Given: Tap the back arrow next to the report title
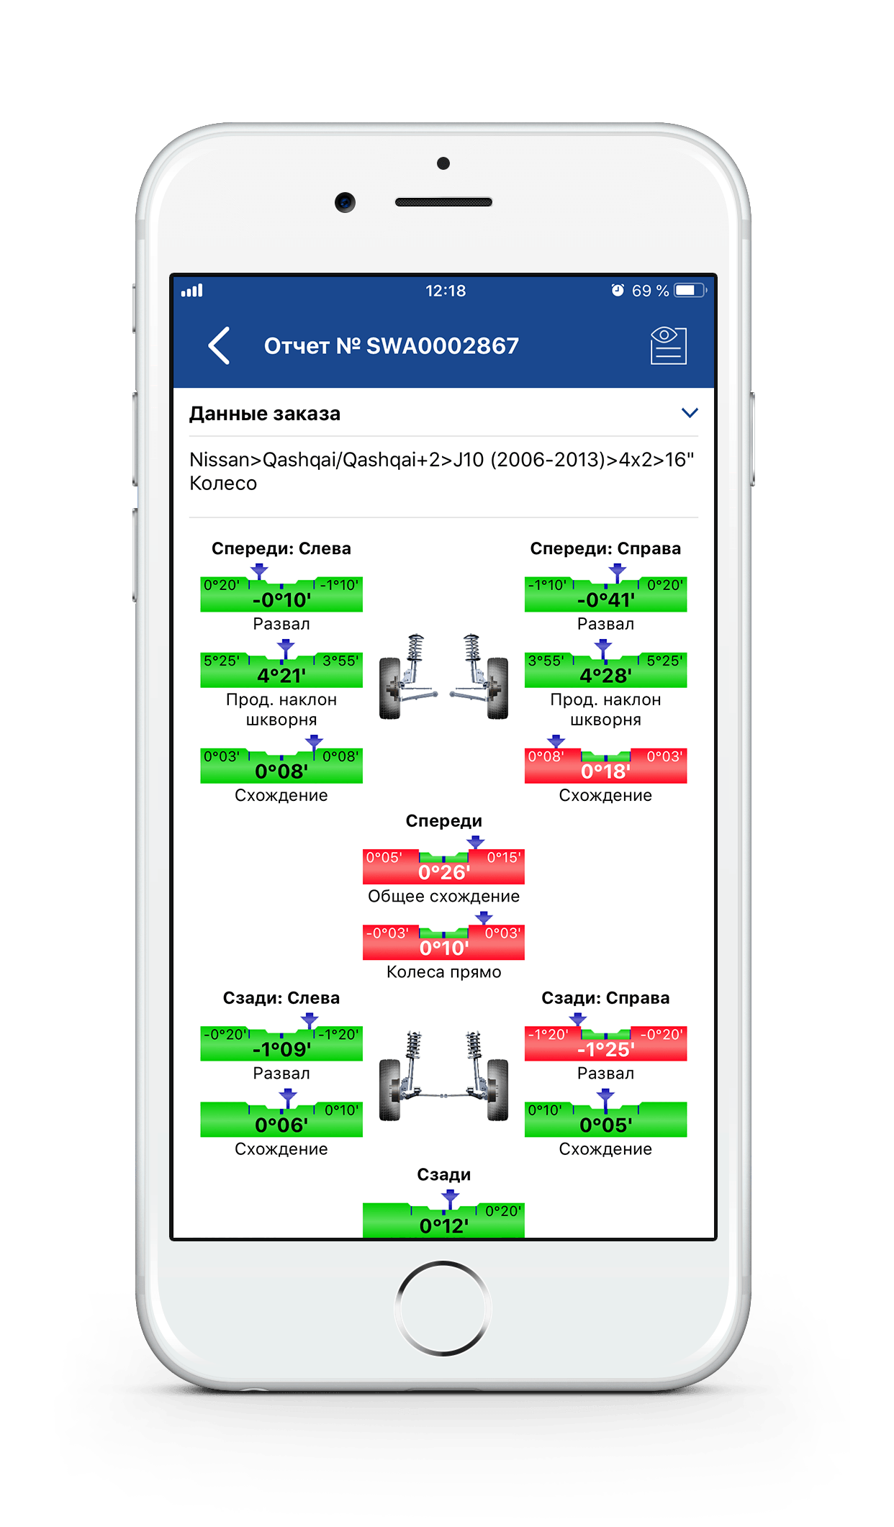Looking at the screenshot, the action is pos(219,345).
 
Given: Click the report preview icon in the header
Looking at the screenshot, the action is pos(668,345).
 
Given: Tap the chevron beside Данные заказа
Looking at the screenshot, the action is pos(689,413).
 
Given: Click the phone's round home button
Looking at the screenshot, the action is pos(443,1308).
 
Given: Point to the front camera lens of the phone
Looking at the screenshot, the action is pos(345,202).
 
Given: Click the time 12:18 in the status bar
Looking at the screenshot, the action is pos(446,291).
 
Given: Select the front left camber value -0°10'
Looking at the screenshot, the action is pos(281,599).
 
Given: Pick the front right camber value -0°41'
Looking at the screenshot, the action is pos(605,599).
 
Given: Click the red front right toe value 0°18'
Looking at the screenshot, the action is pos(605,771).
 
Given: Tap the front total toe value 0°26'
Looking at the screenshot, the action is pos(443,872).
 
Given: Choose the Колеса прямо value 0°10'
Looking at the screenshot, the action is pos(443,948).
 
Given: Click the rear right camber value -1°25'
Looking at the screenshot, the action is pos(605,1049).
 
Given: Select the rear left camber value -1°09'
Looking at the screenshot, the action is pos(281,1049).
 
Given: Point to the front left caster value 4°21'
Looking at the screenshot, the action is pos(281,676).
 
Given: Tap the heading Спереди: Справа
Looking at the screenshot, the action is pos(605,548).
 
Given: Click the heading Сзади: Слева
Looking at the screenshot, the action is pos(281,998).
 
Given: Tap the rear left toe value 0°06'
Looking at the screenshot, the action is pos(281,1125).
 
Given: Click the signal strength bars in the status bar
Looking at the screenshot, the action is pos(192,291).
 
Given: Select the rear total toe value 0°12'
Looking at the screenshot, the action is pos(443,1225).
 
